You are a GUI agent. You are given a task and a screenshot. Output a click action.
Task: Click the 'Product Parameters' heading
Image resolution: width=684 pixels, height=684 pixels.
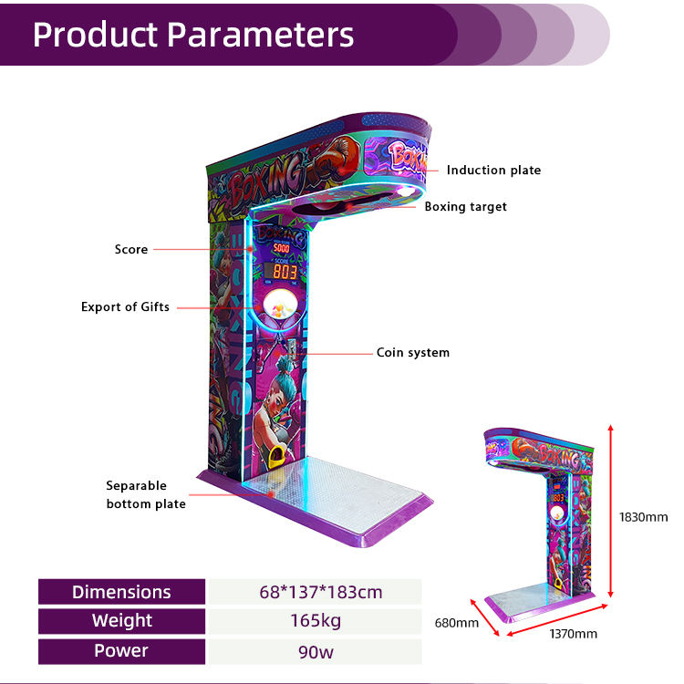(x=193, y=34)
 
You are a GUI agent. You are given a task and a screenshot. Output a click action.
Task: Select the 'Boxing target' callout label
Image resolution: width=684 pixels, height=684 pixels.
(x=465, y=206)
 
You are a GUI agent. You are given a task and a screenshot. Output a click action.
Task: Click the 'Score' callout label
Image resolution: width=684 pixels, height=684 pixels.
(x=131, y=249)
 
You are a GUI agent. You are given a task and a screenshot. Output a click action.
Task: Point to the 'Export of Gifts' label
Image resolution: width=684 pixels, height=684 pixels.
(x=125, y=307)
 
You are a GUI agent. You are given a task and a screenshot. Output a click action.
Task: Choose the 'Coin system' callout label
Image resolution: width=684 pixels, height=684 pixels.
(x=412, y=352)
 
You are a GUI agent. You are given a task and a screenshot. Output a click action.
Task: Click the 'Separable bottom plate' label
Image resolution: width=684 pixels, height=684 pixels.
(x=146, y=494)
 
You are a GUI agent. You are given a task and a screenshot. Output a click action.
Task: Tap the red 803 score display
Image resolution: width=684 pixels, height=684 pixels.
(x=286, y=271)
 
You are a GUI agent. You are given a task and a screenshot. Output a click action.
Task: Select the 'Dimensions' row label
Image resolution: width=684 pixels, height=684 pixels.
(x=121, y=592)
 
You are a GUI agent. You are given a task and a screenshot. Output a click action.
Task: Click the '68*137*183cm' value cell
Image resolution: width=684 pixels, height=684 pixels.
(x=316, y=592)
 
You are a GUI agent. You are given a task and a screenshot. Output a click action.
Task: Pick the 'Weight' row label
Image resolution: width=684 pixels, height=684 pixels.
(x=121, y=621)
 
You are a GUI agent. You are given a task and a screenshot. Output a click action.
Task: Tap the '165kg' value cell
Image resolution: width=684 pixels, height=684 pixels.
(x=316, y=621)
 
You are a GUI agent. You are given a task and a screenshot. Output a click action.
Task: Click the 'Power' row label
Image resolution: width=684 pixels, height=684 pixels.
(x=121, y=650)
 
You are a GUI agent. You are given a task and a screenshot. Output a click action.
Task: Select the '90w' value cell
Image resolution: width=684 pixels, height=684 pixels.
(x=316, y=650)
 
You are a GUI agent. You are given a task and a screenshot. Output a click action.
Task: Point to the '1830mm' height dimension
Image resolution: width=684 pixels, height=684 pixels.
(x=644, y=516)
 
